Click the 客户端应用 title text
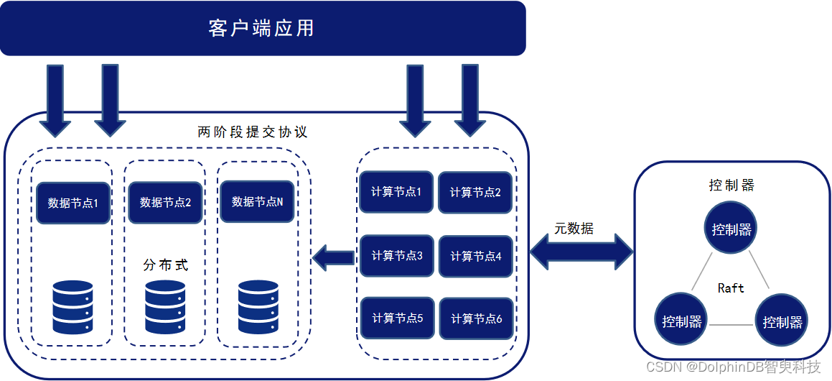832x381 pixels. point(261,29)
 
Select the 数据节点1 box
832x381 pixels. point(73,203)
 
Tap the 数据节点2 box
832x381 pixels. point(165,202)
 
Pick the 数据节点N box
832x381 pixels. point(257,202)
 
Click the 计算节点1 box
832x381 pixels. point(396,192)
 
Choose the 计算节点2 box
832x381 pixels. point(475,193)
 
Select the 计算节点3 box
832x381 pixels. point(396,255)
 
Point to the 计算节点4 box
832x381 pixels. point(475,256)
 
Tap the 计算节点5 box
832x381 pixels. point(396,318)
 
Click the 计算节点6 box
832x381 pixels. point(475,318)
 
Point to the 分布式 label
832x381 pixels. point(166,265)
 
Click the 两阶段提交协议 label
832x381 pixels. point(252,132)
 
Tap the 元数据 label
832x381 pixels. point(574,229)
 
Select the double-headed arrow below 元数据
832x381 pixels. point(581,253)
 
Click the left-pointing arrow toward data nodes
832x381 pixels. point(333,257)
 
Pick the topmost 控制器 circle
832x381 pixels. point(731,229)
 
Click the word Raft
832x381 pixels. point(731,288)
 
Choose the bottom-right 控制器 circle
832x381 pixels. point(782,321)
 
